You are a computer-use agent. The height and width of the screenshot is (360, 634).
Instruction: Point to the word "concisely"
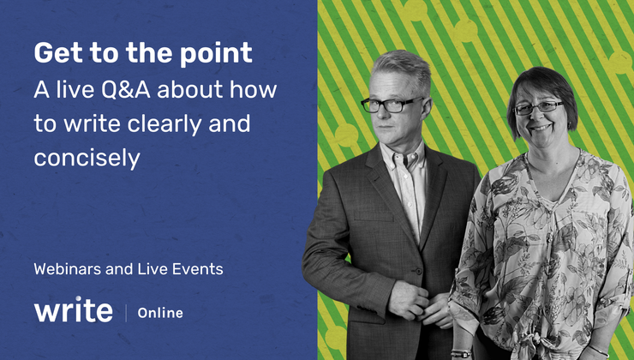(87, 159)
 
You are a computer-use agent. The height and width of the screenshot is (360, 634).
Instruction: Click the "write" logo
(73, 310)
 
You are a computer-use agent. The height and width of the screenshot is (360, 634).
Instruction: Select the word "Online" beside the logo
(161, 314)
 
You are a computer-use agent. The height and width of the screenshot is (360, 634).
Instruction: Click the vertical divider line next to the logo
(126, 312)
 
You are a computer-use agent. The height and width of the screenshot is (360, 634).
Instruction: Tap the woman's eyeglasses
(537, 108)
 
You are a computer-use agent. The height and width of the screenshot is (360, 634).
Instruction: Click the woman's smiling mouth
(540, 129)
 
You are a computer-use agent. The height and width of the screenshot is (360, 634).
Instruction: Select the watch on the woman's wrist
(461, 352)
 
